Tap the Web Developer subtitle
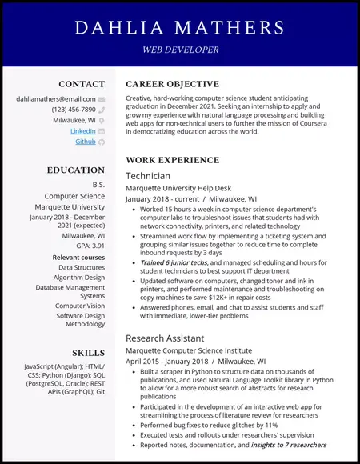click(x=180, y=50)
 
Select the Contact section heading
click(x=82, y=84)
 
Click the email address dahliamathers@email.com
click(x=55, y=98)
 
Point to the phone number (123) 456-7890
click(x=74, y=110)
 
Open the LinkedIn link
click(x=82, y=130)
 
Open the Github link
click(x=85, y=142)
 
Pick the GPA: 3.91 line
click(x=90, y=246)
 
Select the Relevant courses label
click(x=78, y=258)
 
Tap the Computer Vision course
click(x=79, y=306)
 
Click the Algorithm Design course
click(x=78, y=278)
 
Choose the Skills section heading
click(x=88, y=353)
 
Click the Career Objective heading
click(x=172, y=84)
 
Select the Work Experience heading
click(x=172, y=160)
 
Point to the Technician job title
click(x=148, y=175)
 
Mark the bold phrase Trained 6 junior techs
click(x=174, y=262)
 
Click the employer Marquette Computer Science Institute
click(x=189, y=350)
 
